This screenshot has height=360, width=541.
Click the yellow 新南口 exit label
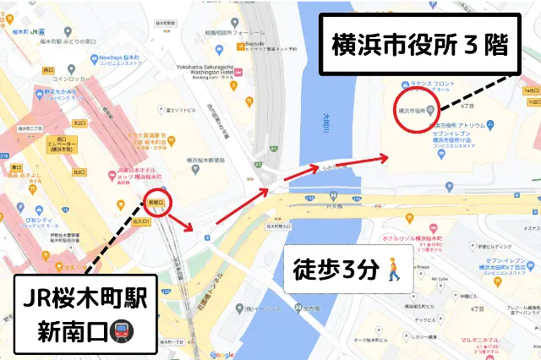click(156, 204)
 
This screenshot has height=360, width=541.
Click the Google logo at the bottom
click(221, 354)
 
